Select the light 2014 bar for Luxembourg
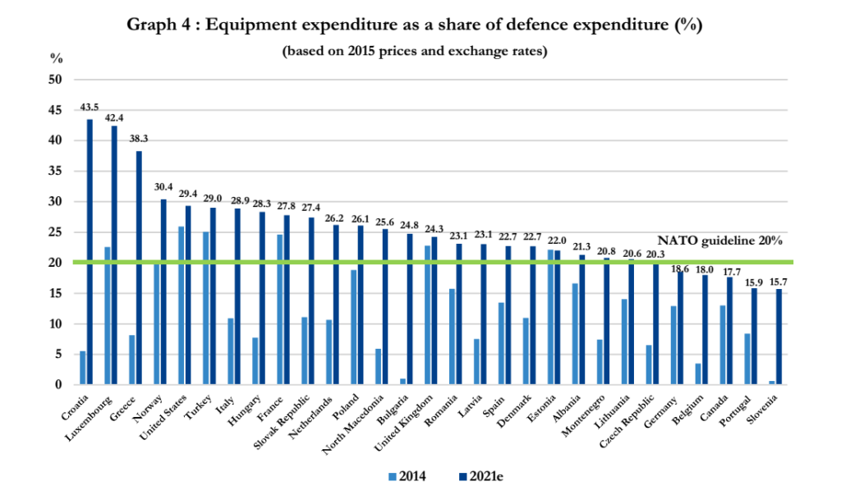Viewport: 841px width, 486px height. (108, 316)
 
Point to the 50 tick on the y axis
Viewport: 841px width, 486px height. (55, 80)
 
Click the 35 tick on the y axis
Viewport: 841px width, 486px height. (55, 172)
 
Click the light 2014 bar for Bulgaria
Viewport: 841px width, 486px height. (403, 382)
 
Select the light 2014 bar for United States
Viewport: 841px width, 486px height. (182, 305)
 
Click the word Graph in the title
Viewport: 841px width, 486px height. (149, 24)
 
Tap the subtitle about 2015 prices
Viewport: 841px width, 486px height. (414, 51)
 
